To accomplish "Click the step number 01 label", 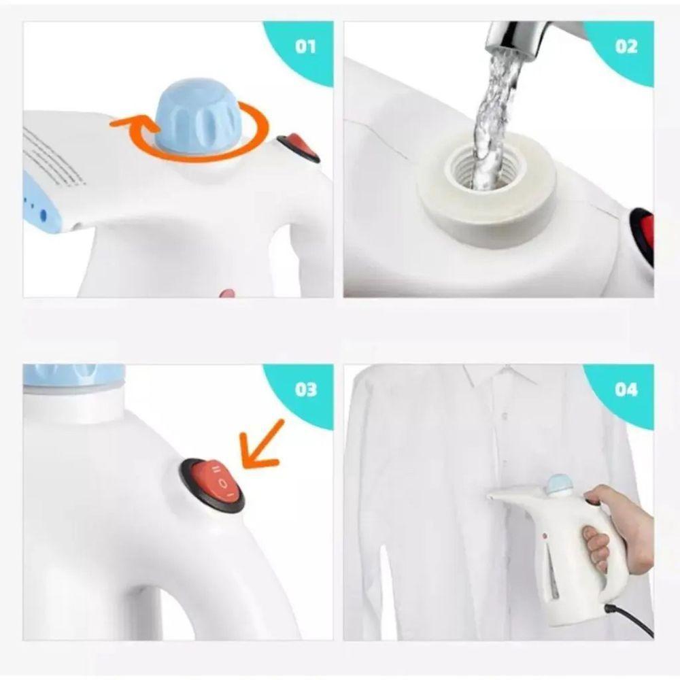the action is pyautogui.click(x=305, y=46).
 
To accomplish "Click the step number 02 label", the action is pyautogui.click(x=626, y=46).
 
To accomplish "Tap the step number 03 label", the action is pyautogui.click(x=306, y=390).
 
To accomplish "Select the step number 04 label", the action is pyautogui.click(x=626, y=390).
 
